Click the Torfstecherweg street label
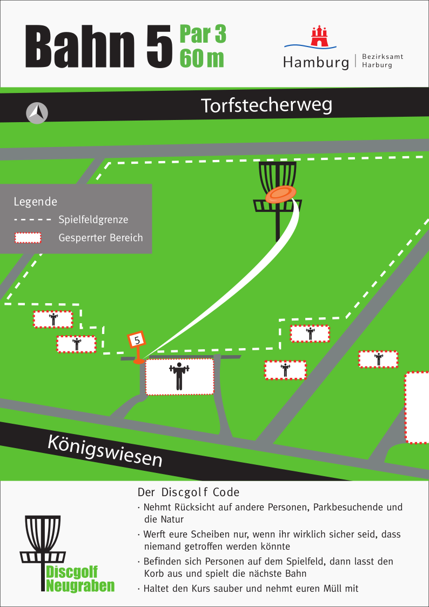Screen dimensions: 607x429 266,105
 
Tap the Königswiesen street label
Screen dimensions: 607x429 105,450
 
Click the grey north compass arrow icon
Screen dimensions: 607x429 37,113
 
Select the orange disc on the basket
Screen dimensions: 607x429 281,194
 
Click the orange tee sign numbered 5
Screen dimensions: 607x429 137,341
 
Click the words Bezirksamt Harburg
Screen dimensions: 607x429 383,61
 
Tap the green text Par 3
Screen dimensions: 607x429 203,34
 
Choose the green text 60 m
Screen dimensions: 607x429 202,58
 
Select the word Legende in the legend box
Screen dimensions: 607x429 35,202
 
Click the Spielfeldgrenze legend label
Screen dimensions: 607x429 93,220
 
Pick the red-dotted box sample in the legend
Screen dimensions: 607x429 28,238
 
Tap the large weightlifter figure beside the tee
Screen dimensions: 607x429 179,376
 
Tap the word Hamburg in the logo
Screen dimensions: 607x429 316,63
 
